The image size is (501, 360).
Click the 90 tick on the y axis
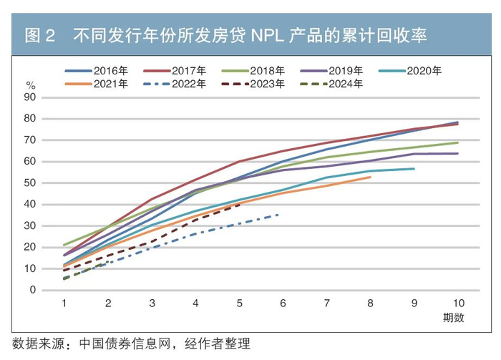tap(31, 97)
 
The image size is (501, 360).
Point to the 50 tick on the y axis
tap(31, 183)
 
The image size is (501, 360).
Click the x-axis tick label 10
tap(457, 303)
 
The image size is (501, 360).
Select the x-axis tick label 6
tap(283, 303)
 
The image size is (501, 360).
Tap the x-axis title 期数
tap(454, 316)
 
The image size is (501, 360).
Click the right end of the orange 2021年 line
tap(370, 177)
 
